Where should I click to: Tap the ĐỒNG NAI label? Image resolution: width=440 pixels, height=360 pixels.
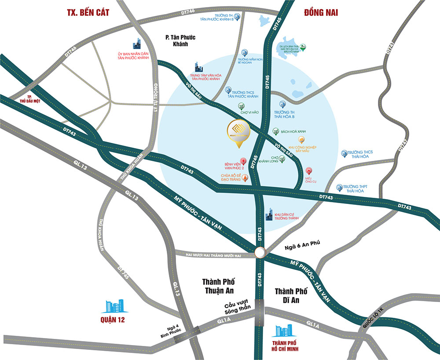[320, 12]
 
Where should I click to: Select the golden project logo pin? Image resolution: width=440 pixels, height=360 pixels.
[238, 131]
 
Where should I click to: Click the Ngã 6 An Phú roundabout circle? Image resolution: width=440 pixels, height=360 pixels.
[260, 252]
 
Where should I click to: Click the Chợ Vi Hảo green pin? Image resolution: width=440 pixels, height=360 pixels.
[241, 106]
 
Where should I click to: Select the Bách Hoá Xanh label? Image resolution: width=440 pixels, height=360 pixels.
[293, 131]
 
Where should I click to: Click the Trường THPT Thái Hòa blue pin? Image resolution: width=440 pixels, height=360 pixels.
[339, 188]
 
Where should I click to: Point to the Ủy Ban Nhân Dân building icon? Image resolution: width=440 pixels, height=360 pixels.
[137, 44]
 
